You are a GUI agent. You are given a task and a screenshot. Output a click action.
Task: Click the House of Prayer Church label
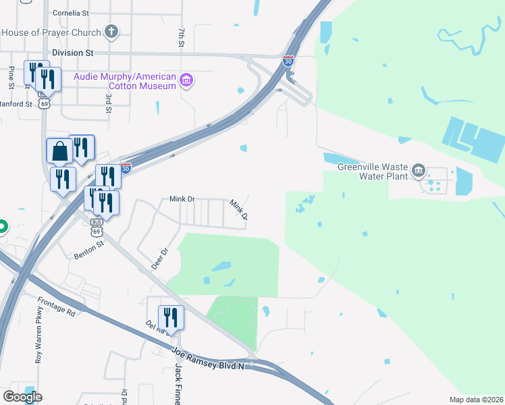coord(51,32)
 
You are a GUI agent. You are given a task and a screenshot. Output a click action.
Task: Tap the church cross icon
coord(111,32)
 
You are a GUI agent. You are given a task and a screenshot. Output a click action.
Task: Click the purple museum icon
coord(188,82)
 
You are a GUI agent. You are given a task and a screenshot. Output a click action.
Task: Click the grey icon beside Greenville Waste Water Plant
coord(419,169)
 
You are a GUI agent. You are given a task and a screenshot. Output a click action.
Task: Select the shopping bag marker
coord(59,151)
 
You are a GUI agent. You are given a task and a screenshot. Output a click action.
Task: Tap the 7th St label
coord(182,38)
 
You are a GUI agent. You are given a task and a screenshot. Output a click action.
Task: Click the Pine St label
coord(11,78)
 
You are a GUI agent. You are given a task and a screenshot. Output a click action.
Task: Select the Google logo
coord(22,397)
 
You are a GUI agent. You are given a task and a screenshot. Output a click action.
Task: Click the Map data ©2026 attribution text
coord(476,400)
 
